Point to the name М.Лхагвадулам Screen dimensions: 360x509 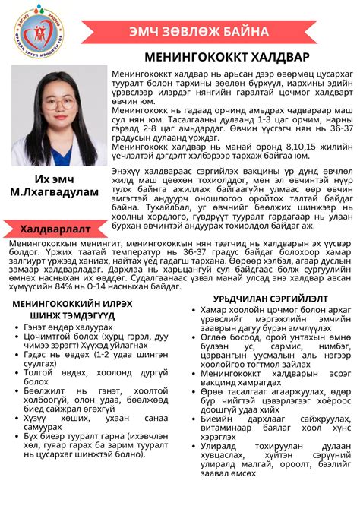point(53,192)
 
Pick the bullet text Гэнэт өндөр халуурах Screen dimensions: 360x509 point(65,327)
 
